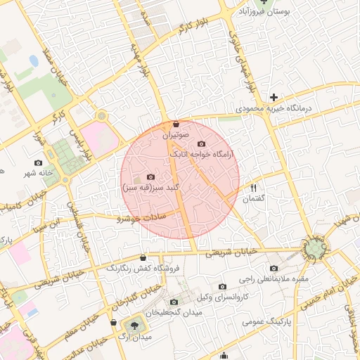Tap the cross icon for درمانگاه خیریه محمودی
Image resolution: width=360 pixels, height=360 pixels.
(274, 96)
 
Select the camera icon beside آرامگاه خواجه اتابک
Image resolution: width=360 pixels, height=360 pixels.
(202, 144)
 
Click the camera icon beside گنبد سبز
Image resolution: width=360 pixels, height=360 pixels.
(150, 177)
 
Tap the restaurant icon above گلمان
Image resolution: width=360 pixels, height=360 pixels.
(254, 188)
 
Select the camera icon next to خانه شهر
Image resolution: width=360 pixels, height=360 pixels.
(37, 163)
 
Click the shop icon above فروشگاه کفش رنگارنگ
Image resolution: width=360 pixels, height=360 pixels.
(143, 257)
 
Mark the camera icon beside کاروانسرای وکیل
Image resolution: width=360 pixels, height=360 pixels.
(222, 286)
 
